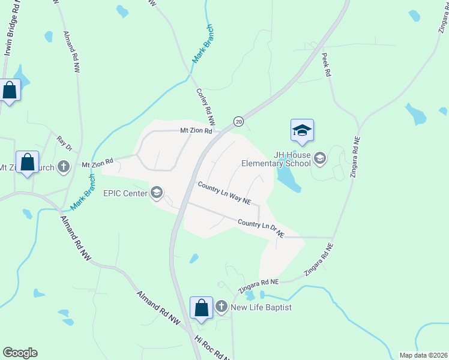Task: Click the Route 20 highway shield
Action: coord(238,121)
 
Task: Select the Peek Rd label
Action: coord(327,64)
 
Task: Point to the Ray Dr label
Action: coord(64,143)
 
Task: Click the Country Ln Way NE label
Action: coord(224,193)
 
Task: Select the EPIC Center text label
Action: coord(125,193)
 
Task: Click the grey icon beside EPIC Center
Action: coord(157,192)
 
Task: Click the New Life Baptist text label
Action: coord(262,307)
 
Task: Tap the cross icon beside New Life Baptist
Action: coord(221,307)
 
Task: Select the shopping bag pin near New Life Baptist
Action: coord(202,308)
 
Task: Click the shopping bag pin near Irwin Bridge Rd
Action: coord(10,91)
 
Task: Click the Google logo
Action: coord(20,353)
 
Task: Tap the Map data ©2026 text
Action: coord(423,355)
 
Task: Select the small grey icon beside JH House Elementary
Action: coord(320,158)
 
